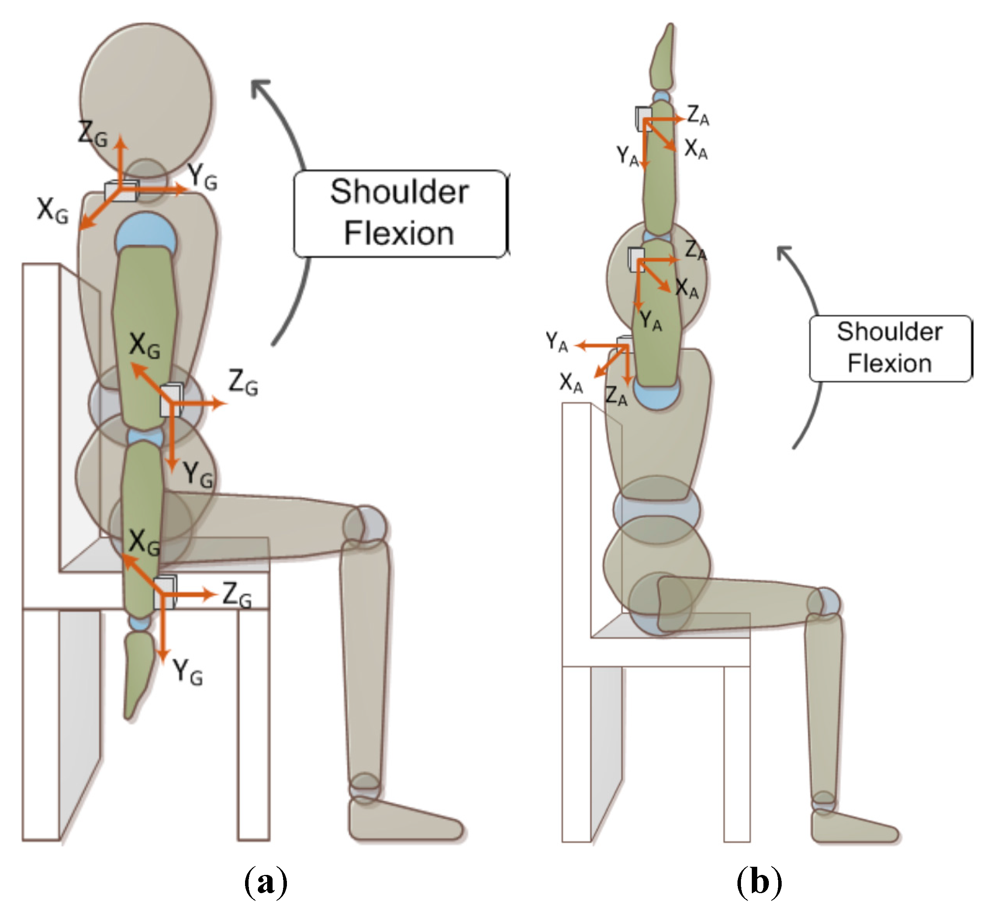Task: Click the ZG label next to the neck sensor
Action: tap(93, 134)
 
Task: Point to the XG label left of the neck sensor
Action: tap(52, 211)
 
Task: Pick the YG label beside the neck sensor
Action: tap(202, 177)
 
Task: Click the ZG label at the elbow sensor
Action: tap(243, 383)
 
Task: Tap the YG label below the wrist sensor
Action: tap(188, 672)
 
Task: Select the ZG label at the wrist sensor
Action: tap(237, 595)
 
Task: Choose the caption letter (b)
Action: tap(759, 882)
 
